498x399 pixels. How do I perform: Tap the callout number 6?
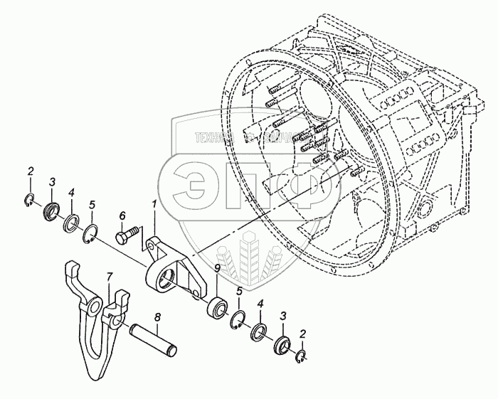coord(122,216)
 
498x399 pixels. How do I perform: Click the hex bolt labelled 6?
coord(127,235)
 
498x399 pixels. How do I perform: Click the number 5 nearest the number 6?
coord(91,205)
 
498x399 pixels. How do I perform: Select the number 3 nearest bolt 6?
coord(51,184)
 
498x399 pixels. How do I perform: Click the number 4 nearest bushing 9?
coord(261,304)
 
